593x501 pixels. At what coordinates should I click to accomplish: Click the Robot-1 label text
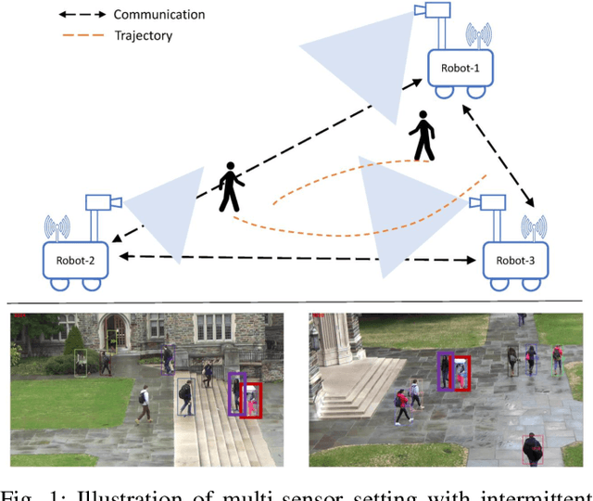click(460, 69)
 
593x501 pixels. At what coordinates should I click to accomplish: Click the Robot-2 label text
click(77, 261)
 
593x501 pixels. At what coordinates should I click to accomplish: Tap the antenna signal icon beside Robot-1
click(477, 36)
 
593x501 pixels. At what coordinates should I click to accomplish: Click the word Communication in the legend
click(158, 15)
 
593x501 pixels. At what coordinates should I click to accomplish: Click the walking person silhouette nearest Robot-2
click(230, 189)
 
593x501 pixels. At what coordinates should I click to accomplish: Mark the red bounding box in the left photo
click(250, 400)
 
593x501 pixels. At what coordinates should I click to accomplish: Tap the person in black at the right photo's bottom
click(533, 451)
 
